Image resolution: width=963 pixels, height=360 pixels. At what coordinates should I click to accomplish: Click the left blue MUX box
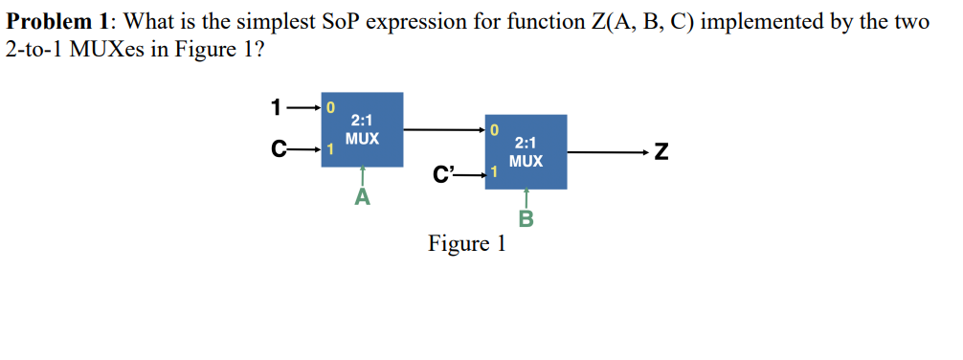coord(362,129)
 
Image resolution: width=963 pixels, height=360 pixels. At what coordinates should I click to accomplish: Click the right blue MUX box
coord(526,151)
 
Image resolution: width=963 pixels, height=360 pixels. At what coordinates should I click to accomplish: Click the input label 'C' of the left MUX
coord(278,149)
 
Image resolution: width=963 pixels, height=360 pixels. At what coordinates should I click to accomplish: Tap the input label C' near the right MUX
coord(443,173)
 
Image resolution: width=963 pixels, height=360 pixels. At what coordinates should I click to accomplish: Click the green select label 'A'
coord(362,197)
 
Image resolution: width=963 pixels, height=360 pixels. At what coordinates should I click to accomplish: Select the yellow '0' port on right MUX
coord(494,129)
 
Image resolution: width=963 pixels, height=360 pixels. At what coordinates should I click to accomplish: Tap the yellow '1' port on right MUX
coord(494,173)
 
